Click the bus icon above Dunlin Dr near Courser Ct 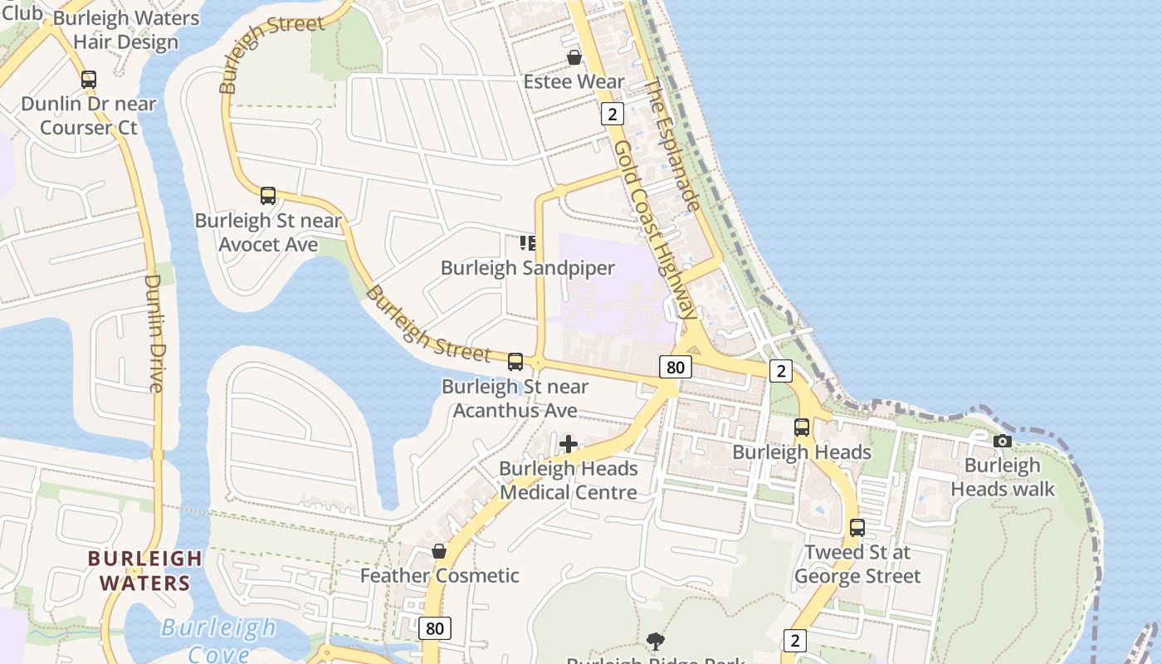coord(89,80)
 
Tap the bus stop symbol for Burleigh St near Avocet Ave coord(268,196)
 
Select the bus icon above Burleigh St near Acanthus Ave coord(515,362)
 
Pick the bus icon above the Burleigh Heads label coord(802,427)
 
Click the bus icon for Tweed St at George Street coord(857,528)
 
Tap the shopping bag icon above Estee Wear coord(574,57)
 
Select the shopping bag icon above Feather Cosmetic coord(439,551)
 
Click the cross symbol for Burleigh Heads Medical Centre coord(569,444)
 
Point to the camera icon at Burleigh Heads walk coord(1003,441)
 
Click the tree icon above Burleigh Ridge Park coord(656,641)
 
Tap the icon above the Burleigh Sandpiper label coord(528,243)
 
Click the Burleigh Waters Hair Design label coord(126,31)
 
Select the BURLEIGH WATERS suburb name coord(145,570)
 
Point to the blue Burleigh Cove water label coord(218,639)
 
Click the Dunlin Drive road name coord(154,332)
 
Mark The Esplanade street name coord(673,144)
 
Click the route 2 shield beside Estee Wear coord(613,114)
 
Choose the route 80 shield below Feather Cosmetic coord(435,628)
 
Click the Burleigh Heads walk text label coord(1003,477)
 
